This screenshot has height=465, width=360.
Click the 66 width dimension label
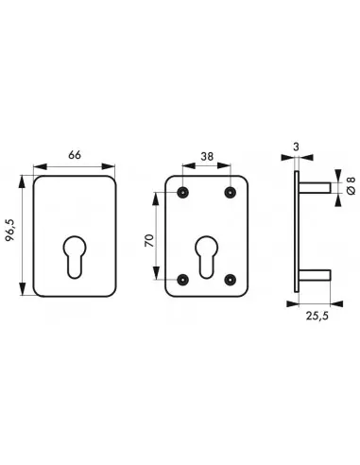tap(75, 155)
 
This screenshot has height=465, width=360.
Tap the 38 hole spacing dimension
tap(207, 156)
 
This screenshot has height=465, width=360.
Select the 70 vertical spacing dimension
tap(149, 240)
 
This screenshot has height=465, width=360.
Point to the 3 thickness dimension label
tap(296, 146)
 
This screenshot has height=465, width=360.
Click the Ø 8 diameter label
tap(351, 185)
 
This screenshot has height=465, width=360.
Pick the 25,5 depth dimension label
tap(317, 316)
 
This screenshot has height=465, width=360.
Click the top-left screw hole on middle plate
tap(182, 192)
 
